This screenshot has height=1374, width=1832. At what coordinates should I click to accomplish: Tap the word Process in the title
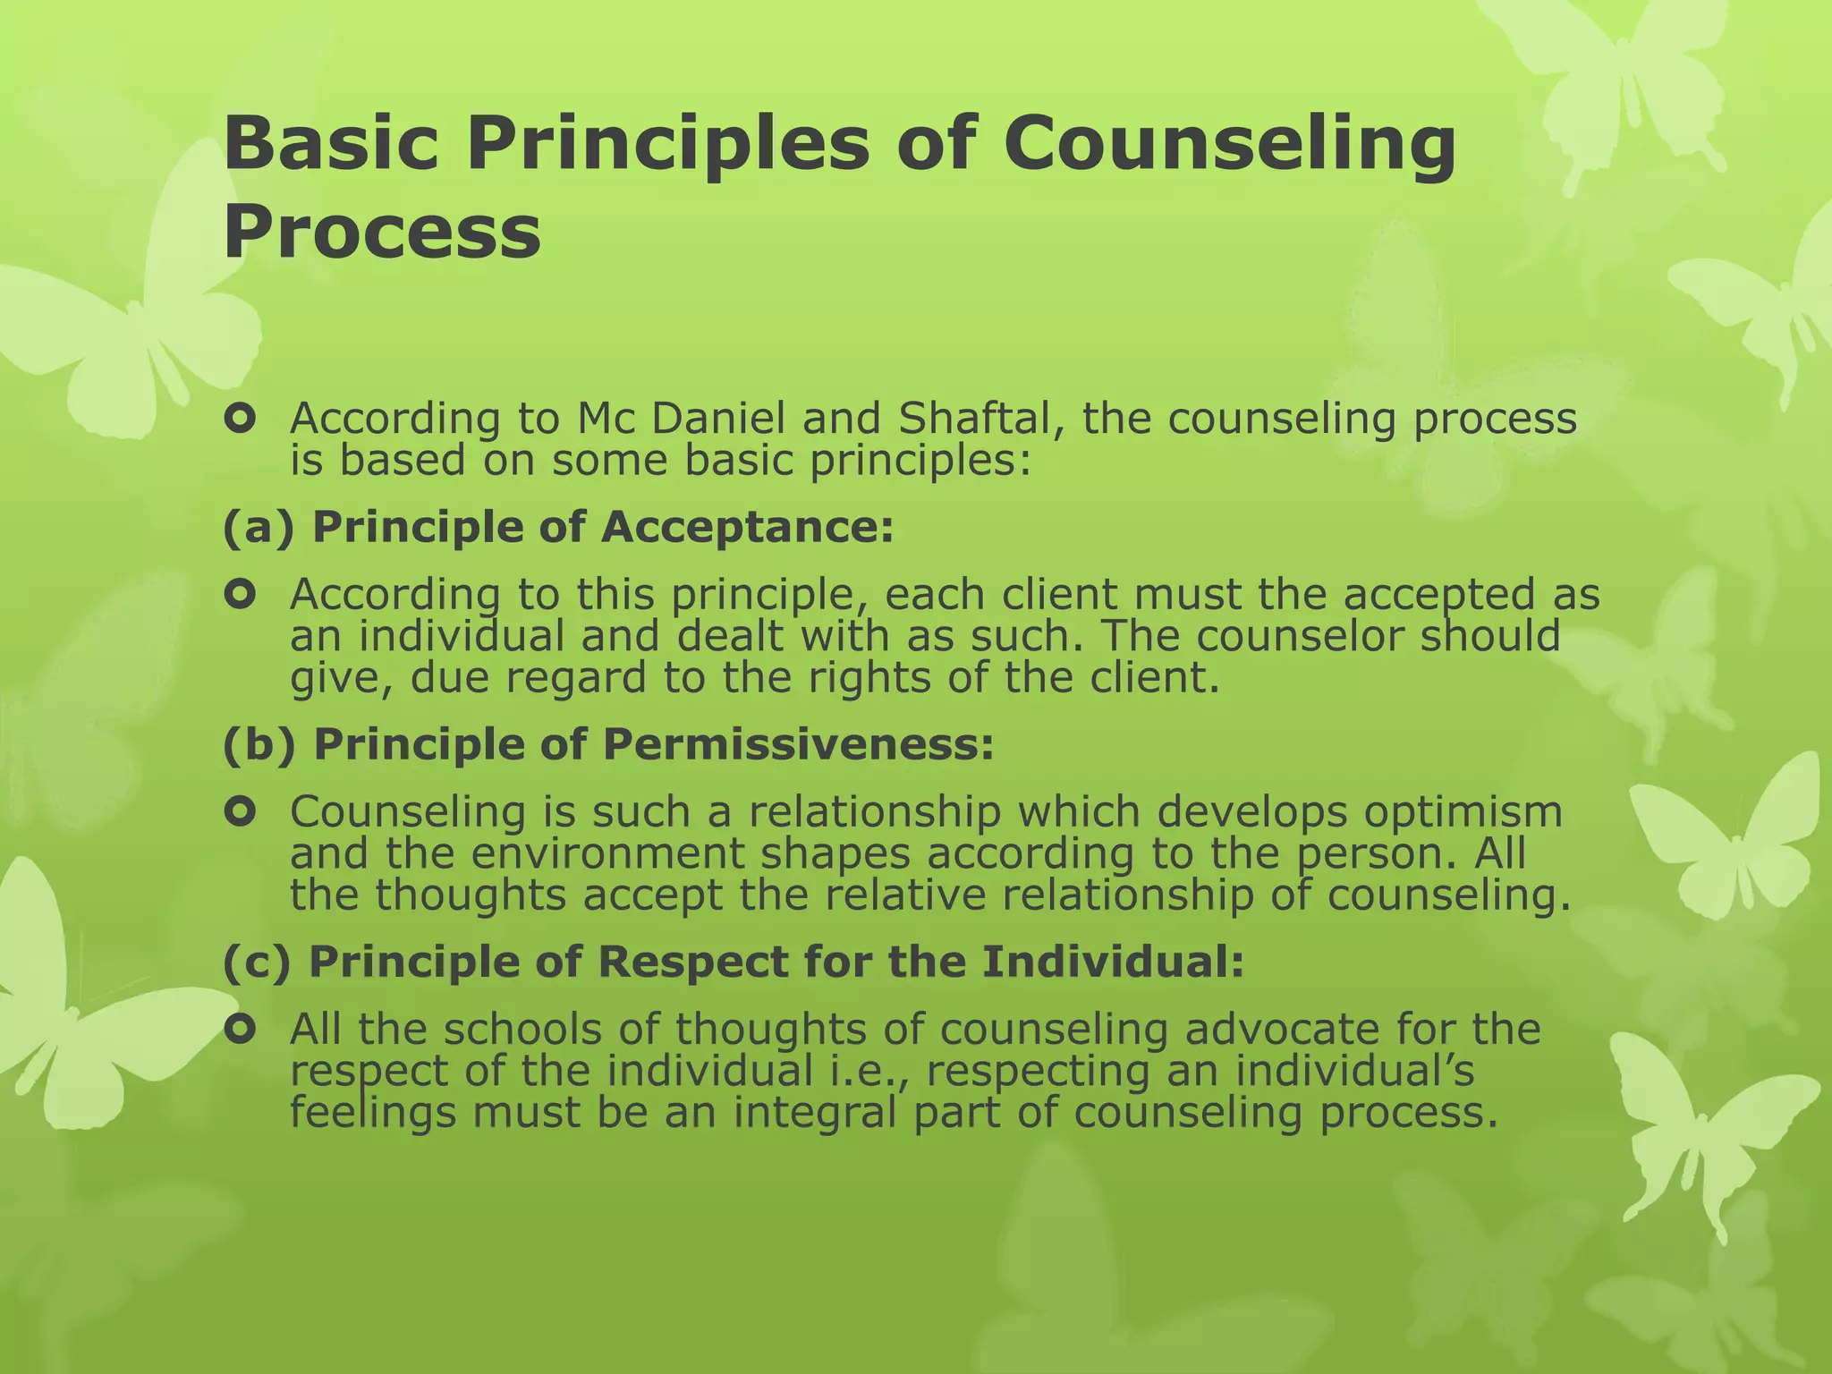(x=382, y=231)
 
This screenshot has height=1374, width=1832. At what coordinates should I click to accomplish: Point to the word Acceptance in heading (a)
(x=747, y=527)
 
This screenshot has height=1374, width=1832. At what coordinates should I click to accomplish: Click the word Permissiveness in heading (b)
(x=798, y=744)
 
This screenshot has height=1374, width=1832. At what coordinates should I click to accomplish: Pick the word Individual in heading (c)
(x=1113, y=962)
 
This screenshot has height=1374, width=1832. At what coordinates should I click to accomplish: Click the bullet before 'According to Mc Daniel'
(x=241, y=419)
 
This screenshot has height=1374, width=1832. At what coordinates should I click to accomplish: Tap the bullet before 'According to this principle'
(x=241, y=593)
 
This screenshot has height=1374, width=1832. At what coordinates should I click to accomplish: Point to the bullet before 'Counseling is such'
(x=241, y=811)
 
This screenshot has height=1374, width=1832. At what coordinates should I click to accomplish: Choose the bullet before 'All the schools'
(x=241, y=1030)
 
